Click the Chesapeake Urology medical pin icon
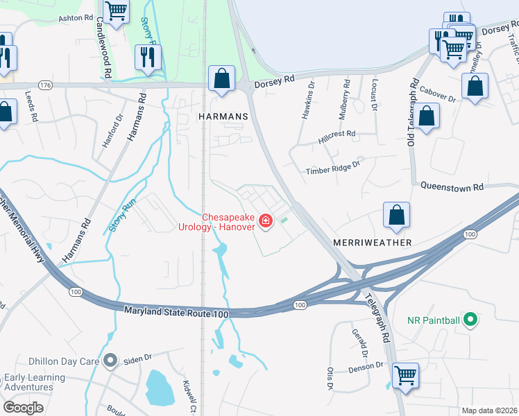pyautogui.click(x=265, y=221)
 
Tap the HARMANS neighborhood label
pyautogui.click(x=223, y=116)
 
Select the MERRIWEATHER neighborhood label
pyautogui.click(x=373, y=243)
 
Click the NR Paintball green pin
pyautogui.click(x=470, y=320)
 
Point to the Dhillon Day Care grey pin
pyautogui.click(x=110, y=361)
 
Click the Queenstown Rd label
pyautogui.click(x=452, y=187)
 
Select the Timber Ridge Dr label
pyautogui.click(x=335, y=168)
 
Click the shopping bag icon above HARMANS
pyautogui.click(x=221, y=80)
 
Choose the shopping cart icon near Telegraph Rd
pyautogui.click(x=406, y=376)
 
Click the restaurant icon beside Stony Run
pyautogui.click(x=148, y=59)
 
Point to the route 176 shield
pyautogui.click(x=46, y=85)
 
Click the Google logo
pyautogui.click(x=22, y=408)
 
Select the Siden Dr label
pyautogui.click(x=138, y=358)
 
